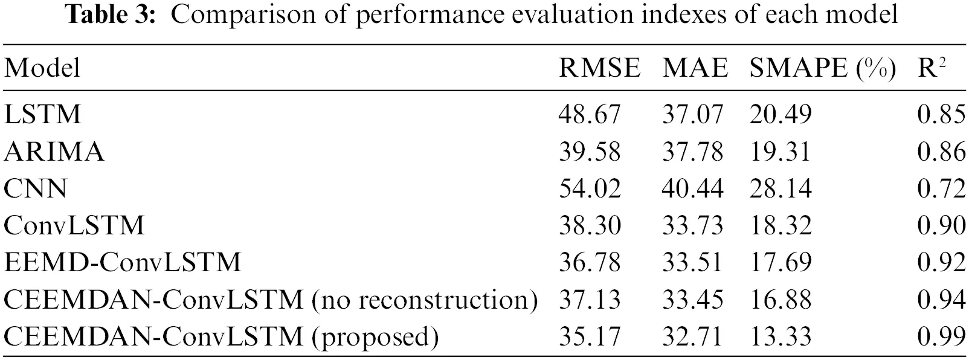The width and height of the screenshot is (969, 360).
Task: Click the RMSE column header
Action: click(x=599, y=68)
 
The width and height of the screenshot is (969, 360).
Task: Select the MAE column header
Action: click(x=695, y=68)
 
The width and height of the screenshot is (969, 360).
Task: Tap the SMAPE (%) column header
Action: click(x=822, y=68)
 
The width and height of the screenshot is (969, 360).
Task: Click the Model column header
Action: click(x=42, y=68)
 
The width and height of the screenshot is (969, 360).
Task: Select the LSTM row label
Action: click(x=42, y=114)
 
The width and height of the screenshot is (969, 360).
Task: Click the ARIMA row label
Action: click(x=54, y=151)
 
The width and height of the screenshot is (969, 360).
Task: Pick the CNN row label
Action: click(x=35, y=188)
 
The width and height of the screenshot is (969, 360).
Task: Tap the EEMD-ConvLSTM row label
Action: click(x=122, y=262)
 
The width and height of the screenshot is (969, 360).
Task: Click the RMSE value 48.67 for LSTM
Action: click(x=589, y=114)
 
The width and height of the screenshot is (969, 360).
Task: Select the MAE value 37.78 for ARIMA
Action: click(x=692, y=151)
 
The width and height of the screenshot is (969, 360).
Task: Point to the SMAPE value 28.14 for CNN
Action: click(x=780, y=188)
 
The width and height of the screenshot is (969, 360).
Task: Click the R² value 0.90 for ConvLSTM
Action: click(x=941, y=225)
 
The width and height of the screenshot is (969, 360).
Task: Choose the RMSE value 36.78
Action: click(x=589, y=262)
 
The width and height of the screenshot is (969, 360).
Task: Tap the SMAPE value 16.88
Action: click(x=780, y=300)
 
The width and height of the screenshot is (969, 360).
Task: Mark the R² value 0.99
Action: click(x=941, y=336)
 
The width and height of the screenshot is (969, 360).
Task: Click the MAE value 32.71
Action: click(x=692, y=336)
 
